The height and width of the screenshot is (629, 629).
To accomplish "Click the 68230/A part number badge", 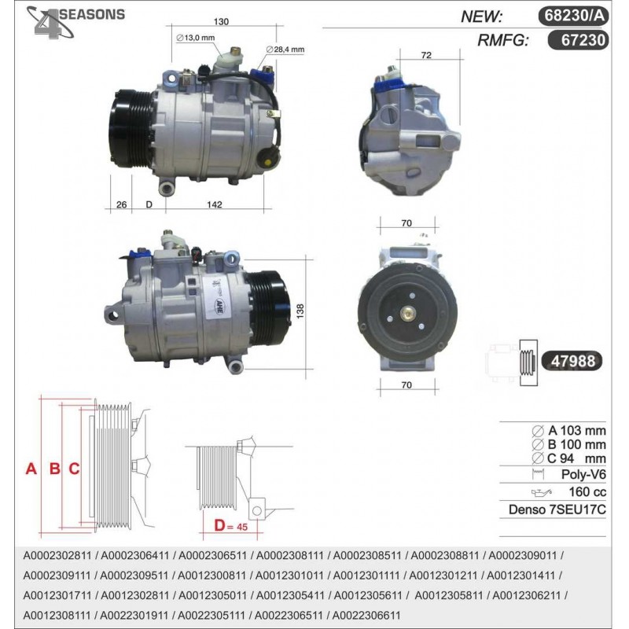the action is coord(574,16).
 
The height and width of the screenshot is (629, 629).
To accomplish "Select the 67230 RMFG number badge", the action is coord(578,40).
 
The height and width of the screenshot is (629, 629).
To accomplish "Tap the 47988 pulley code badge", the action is coord(572,361).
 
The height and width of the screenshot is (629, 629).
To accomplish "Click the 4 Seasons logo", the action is coord(75,22).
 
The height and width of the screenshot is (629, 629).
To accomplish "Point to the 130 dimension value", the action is coord(221,21).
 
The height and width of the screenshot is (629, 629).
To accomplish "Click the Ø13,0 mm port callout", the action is coord(195,38).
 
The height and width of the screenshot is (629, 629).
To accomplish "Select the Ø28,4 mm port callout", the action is coord(285,50).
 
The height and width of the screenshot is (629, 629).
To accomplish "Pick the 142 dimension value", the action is coord(214,204).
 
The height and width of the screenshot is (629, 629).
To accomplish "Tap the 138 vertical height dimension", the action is coord(300,311).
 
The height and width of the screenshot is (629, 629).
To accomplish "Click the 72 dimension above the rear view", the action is coord(426,55).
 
